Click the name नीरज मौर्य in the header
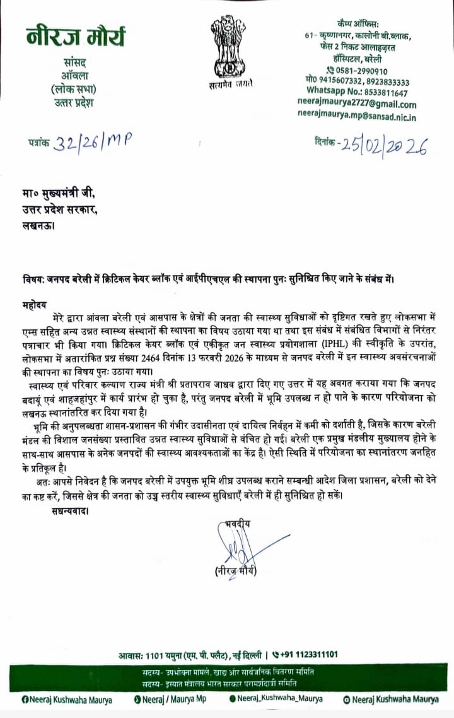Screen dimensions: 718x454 76,37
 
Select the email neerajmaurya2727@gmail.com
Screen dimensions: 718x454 357,105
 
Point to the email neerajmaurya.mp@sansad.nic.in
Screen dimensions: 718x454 357,116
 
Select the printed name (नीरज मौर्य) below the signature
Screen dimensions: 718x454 236,572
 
